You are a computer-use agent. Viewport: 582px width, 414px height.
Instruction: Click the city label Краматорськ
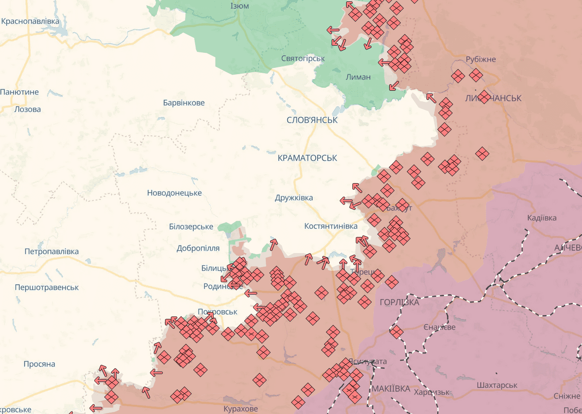(307, 158)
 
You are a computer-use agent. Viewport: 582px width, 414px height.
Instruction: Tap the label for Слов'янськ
(312, 120)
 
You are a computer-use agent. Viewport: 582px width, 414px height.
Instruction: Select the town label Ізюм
(240, 6)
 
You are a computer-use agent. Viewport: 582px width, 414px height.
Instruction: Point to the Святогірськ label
(303, 58)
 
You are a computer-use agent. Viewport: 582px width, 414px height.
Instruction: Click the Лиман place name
(358, 77)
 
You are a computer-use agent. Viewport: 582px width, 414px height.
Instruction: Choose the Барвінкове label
(184, 103)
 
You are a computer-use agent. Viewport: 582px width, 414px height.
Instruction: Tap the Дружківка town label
(294, 197)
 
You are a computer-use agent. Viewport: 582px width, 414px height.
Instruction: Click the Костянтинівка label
(331, 226)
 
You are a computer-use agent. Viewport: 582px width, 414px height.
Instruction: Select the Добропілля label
(198, 248)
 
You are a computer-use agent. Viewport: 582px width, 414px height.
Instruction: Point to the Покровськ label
(218, 312)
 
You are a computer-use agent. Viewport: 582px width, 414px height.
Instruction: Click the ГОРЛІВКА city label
(399, 302)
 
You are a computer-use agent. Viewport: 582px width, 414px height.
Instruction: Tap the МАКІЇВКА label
(391, 389)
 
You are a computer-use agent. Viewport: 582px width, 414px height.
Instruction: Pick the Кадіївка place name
(542, 218)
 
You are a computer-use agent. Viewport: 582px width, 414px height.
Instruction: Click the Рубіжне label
(481, 59)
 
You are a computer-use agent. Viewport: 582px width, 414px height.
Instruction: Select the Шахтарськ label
(497, 385)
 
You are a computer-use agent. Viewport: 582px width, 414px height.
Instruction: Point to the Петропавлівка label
(51, 252)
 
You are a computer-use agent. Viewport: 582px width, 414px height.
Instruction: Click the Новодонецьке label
(174, 193)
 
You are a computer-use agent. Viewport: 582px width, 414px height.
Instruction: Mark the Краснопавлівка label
(31, 21)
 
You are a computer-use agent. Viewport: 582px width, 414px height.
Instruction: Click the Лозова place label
(28, 109)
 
